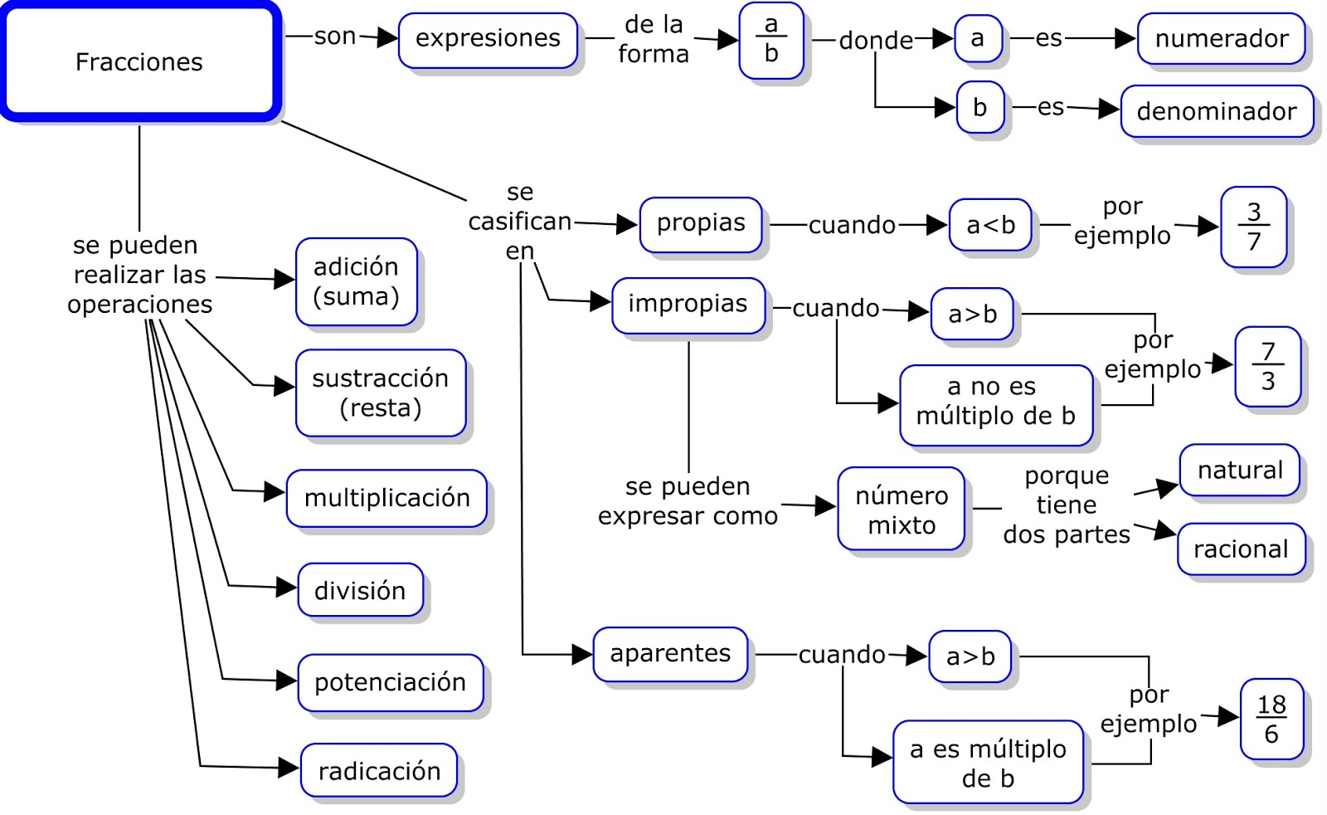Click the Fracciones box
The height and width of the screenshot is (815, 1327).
click(x=139, y=61)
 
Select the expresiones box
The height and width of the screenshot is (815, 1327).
click(x=488, y=39)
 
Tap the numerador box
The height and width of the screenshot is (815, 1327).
click(x=1221, y=39)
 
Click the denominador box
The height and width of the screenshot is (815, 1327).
click(x=1216, y=111)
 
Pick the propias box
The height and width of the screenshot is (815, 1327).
click(x=701, y=224)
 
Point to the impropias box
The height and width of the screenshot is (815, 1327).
click(x=688, y=305)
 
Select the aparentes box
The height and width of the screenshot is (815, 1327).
click(x=670, y=654)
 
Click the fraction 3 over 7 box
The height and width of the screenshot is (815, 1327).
click(x=1253, y=227)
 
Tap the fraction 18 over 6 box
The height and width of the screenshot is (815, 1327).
click(x=1271, y=719)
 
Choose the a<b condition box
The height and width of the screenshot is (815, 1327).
click(x=990, y=225)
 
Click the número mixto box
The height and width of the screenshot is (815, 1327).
click(x=902, y=510)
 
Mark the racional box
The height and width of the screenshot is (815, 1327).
click(x=1241, y=549)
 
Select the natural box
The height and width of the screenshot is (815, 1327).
click(x=1239, y=471)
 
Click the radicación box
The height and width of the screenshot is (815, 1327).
click(x=379, y=771)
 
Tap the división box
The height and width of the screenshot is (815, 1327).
click(x=360, y=591)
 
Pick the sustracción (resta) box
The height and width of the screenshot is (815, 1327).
click(x=381, y=393)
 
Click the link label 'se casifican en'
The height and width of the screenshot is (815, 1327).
click(x=520, y=222)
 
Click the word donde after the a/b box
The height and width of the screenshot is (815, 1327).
click(x=876, y=41)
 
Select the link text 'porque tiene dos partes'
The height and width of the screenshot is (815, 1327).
click(x=1067, y=505)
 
